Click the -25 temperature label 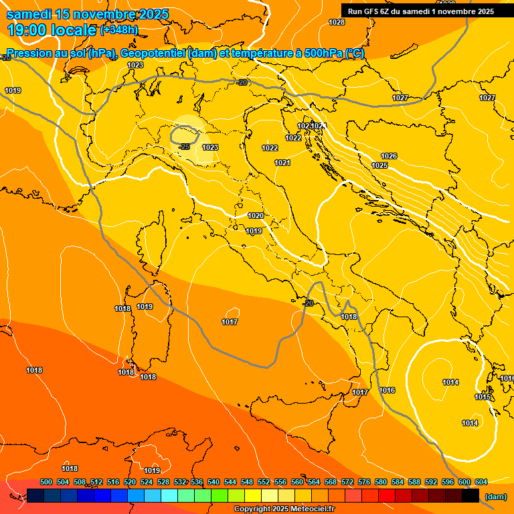click(185, 147)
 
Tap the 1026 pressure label click(389, 156)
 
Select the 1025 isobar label click(379, 165)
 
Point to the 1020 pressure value click(255, 216)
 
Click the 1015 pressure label click(483, 397)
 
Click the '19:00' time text click(29, 29)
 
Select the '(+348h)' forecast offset click(119, 30)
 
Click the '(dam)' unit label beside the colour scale click(495, 497)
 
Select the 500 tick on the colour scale click(46, 482)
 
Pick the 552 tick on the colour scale click(264, 482)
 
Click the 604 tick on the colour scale click(481, 482)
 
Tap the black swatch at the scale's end click(470, 496)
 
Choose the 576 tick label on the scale click(364, 482)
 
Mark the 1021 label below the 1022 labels click(282, 163)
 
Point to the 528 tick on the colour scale click(163, 482)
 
